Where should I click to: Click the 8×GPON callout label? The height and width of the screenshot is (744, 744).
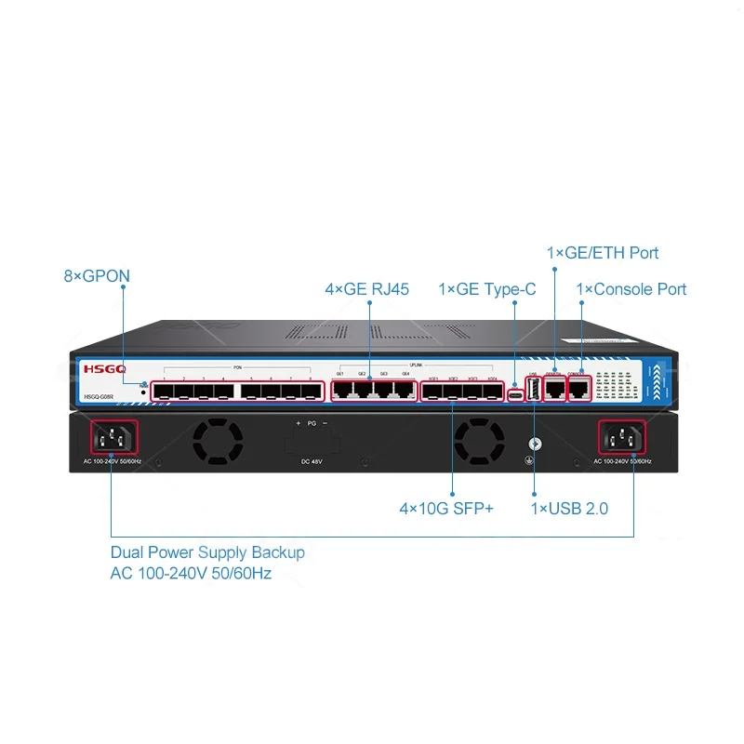click(97, 276)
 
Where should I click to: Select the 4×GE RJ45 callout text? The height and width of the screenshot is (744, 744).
click(366, 289)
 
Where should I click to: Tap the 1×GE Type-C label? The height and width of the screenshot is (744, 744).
click(487, 289)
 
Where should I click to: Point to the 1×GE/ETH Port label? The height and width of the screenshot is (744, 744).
click(603, 253)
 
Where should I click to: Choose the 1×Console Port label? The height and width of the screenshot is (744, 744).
click(631, 289)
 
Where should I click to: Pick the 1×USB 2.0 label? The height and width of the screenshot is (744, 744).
click(570, 510)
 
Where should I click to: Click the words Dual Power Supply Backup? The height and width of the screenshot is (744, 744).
click(207, 552)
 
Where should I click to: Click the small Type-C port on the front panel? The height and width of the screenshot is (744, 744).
click(514, 394)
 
